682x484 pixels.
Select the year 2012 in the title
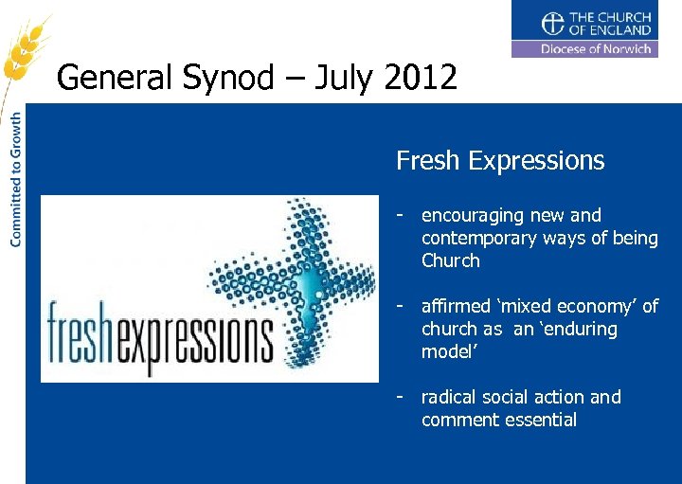421,77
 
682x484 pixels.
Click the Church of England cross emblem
551,24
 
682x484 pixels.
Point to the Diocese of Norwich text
596,49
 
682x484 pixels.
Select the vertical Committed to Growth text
16,180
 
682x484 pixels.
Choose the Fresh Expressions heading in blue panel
500,161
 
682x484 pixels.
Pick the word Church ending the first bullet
451,261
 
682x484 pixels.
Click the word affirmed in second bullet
456,307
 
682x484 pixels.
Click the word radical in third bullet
449,398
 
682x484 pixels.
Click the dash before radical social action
402,396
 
